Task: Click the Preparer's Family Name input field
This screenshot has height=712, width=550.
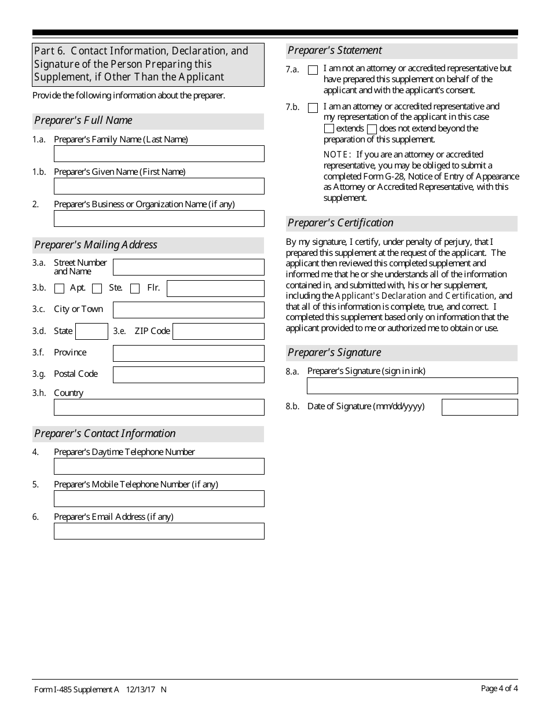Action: pyautogui.click(x=159, y=153)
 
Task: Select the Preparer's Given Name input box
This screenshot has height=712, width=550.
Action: pyautogui.click(x=159, y=186)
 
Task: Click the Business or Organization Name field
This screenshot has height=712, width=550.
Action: pyautogui.click(x=159, y=218)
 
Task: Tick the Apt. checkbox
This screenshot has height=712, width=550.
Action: pyautogui.click(x=59, y=288)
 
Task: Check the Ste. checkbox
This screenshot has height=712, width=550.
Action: pyautogui.click(x=97, y=288)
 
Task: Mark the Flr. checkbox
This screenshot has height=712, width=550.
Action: pyautogui.click(x=135, y=288)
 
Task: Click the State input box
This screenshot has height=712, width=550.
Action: pyautogui.click(x=91, y=331)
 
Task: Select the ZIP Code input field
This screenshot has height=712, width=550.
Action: pyautogui.click(x=218, y=331)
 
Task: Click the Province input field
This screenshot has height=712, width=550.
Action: pyautogui.click(x=188, y=353)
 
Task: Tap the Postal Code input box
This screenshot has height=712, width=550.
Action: pyautogui.click(x=188, y=375)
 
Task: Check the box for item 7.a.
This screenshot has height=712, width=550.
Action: pyautogui.click(x=313, y=70)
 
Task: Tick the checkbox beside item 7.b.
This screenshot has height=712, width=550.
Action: pyautogui.click(x=313, y=108)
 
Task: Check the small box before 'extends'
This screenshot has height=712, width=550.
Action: pyautogui.click(x=329, y=129)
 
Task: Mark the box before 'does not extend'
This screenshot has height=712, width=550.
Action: pyautogui.click(x=372, y=129)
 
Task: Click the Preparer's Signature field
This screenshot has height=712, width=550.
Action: pyautogui.click(x=412, y=386)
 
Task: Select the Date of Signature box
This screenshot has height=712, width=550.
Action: pyautogui.click(x=479, y=407)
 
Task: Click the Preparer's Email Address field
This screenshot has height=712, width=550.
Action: pyautogui.click(x=159, y=531)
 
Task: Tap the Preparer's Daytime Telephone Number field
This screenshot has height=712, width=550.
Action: pyautogui.click(x=159, y=466)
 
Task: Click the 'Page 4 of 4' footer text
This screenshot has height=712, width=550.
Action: pyautogui.click(x=499, y=688)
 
